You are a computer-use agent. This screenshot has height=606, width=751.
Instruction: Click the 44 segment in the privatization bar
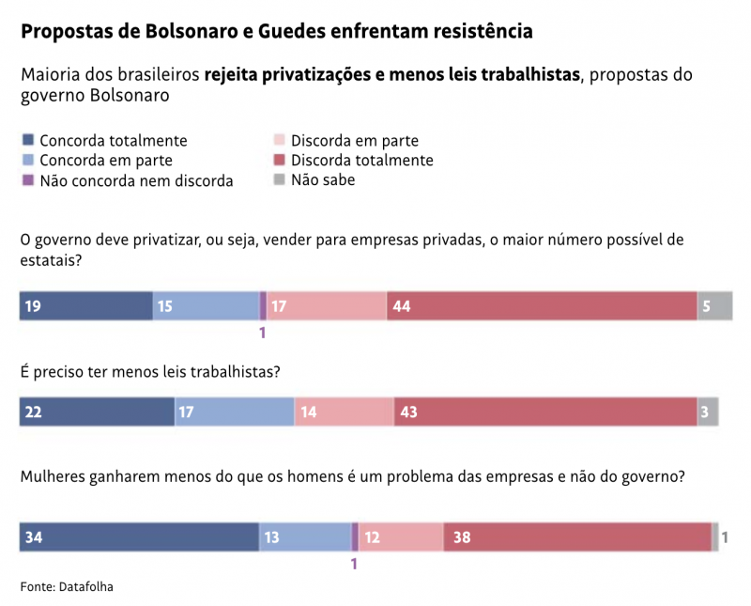click(542, 306)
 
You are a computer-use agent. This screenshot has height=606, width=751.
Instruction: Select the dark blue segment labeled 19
click(86, 306)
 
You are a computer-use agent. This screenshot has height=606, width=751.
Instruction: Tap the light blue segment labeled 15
click(206, 306)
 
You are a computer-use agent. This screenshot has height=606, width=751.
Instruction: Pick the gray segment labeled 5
click(714, 306)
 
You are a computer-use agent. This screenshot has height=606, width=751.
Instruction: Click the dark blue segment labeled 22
click(97, 412)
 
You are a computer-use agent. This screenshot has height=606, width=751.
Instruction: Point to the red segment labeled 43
click(545, 412)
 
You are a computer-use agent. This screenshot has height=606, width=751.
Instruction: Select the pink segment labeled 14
click(344, 412)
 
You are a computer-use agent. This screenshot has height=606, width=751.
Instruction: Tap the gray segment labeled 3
click(708, 412)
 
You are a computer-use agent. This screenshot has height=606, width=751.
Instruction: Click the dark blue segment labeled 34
click(139, 537)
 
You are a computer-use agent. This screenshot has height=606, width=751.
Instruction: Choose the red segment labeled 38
click(577, 537)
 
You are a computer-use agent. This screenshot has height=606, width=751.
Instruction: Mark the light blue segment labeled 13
click(305, 537)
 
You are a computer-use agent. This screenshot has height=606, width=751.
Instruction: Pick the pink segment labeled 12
click(401, 537)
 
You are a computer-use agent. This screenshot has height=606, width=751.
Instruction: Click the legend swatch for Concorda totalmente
click(27, 140)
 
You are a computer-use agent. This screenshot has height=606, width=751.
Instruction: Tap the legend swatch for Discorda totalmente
click(279, 160)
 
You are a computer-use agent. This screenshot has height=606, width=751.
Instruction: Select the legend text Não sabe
click(323, 179)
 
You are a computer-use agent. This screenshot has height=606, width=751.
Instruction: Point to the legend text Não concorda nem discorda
click(136, 180)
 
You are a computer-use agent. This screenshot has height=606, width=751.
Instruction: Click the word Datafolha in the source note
click(91, 586)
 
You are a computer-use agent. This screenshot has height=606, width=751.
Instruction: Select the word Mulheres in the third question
click(53, 476)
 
